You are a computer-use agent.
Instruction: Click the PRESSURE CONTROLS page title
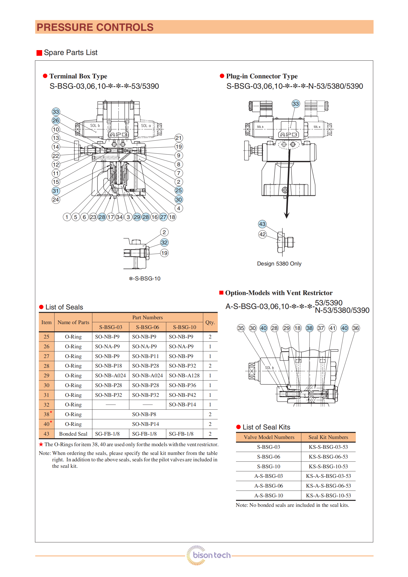pyautogui.click(x=95, y=27)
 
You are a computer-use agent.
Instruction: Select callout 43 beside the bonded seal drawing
pyautogui.click(x=262, y=224)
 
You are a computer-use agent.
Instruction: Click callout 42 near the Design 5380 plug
pyautogui.click(x=262, y=234)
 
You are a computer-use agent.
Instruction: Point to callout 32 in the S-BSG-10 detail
pyautogui.click(x=164, y=242)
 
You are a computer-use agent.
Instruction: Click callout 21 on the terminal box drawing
pyautogui.click(x=178, y=138)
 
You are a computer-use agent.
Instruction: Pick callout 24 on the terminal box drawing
pyautogui.click(x=56, y=199)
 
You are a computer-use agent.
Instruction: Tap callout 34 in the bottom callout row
pyautogui.click(x=119, y=217)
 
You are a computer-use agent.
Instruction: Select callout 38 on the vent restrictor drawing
pyautogui.click(x=309, y=328)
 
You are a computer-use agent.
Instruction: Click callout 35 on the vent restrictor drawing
pyautogui.click(x=241, y=328)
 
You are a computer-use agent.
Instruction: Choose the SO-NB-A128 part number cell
pyautogui.click(x=184, y=375)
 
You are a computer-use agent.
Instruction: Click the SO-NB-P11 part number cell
pyautogui.click(x=145, y=356)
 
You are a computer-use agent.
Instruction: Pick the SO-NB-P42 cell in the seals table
pyautogui.click(x=182, y=395)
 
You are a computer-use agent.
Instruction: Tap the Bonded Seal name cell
pyautogui.click(x=73, y=434)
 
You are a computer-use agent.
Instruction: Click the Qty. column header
pyautogui.click(x=210, y=322)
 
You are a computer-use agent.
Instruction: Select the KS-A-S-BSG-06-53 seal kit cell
pyautogui.click(x=328, y=486)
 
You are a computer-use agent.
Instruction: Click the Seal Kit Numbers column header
pyautogui.click(x=328, y=437)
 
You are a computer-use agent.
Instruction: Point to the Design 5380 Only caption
pyautogui.click(x=279, y=264)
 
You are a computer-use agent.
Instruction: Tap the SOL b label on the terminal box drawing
pyautogui.click(x=95, y=126)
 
